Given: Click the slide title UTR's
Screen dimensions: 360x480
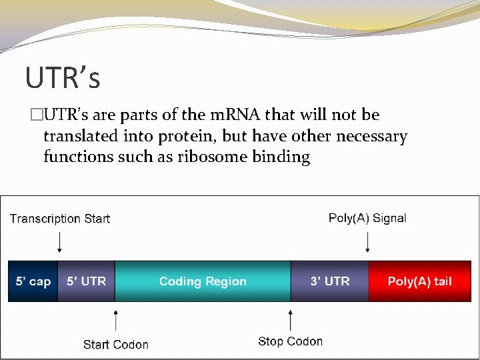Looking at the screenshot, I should (x=63, y=77).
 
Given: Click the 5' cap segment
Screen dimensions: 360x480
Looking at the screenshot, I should (x=33, y=281).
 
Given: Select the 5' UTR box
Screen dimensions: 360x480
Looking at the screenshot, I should (x=86, y=281).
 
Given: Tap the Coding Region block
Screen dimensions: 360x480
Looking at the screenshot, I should (x=203, y=281).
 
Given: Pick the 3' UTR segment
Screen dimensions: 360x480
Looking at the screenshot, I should (x=330, y=281).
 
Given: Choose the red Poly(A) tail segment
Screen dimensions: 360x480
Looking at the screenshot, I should (x=420, y=281).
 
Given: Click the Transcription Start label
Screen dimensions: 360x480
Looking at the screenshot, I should (x=60, y=219).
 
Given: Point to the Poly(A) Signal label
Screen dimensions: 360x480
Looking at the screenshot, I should (x=367, y=218).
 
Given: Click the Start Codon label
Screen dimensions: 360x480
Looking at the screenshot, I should (x=116, y=344).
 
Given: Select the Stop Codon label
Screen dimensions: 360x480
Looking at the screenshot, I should (x=290, y=341).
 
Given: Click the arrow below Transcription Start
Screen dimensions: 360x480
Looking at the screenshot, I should (x=60, y=241).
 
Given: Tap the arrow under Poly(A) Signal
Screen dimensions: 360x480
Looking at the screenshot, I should (x=367, y=241).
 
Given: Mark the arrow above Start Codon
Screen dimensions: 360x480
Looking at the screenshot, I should (x=116, y=320).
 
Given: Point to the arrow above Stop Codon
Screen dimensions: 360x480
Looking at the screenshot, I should (x=290, y=319).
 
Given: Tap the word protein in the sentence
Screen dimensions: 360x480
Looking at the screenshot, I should (x=186, y=137).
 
